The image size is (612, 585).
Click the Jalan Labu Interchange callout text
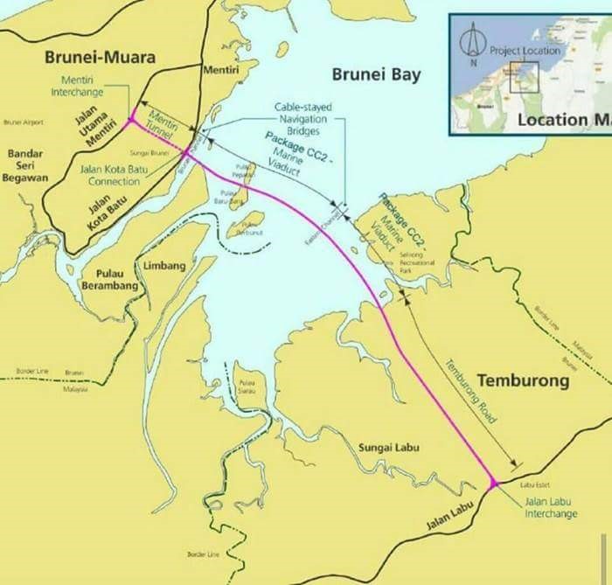(551, 508)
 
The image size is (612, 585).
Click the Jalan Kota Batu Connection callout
(96, 176)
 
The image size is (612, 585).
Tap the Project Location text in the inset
(524, 51)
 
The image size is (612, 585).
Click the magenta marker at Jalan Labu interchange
(494, 483)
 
